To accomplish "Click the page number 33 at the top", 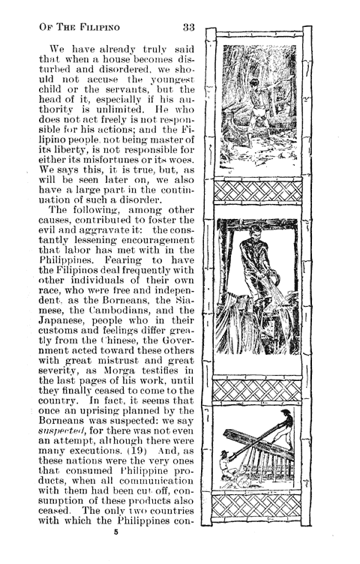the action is pyautogui.click(x=188, y=28).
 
